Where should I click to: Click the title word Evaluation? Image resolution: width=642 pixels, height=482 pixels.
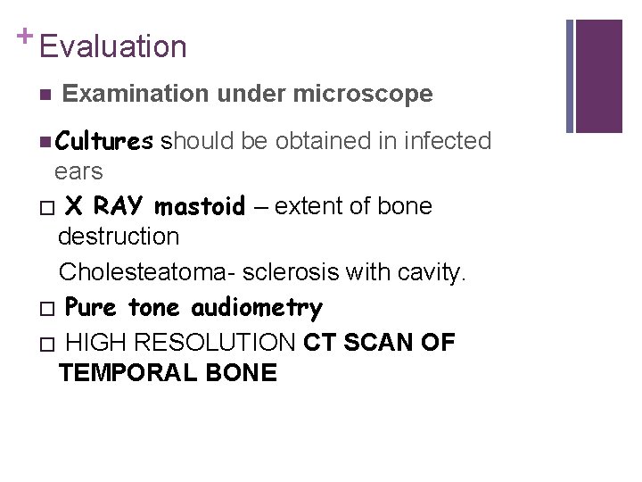113,46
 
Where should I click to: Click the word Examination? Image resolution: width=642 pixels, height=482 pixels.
133,94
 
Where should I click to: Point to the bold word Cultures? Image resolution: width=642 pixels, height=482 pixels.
103,141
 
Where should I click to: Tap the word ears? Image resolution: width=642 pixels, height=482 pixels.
78,171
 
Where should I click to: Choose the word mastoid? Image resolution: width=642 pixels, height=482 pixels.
200,207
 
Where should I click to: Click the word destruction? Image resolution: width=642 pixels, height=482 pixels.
119,237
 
